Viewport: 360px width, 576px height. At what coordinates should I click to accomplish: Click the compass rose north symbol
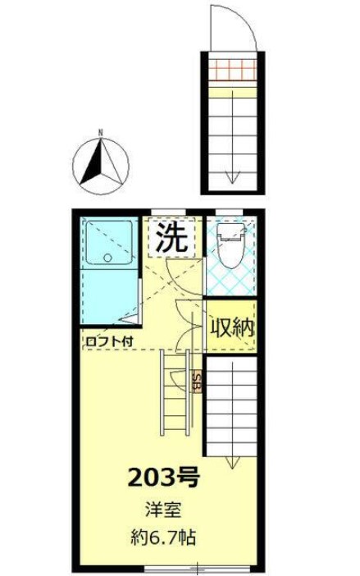click(100, 160)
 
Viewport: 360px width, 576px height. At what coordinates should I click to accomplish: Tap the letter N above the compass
click(99, 131)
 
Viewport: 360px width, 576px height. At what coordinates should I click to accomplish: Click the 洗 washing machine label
click(172, 238)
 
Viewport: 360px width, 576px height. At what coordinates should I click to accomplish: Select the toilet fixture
click(231, 245)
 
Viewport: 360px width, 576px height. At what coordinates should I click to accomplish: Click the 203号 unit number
click(164, 476)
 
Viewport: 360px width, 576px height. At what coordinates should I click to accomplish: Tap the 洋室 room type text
click(163, 509)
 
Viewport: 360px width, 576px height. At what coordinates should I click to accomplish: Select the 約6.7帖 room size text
click(163, 539)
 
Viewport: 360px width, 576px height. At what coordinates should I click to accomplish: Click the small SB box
click(198, 382)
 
